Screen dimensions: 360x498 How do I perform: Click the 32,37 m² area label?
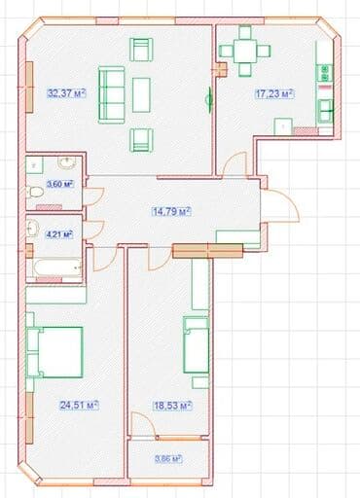[66, 93]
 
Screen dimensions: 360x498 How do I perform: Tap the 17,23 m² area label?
[274, 94]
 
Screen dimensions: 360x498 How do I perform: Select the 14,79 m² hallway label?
[171, 212]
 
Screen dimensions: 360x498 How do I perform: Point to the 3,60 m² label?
[60, 184]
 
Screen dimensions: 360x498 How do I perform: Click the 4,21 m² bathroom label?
[59, 234]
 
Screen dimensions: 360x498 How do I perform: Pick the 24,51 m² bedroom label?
[79, 405]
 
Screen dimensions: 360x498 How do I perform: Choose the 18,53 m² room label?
[172, 406]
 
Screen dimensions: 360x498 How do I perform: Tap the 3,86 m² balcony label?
[168, 459]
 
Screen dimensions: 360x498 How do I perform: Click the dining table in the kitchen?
[245, 51]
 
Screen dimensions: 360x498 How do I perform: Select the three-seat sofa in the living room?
[112, 95]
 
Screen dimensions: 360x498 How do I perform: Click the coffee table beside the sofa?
[141, 95]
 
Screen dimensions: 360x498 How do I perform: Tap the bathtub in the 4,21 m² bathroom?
[54, 267]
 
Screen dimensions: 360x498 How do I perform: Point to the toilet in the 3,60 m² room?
[34, 192]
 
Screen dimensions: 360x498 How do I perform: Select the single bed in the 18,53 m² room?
[196, 344]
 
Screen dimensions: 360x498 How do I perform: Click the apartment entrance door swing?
[280, 205]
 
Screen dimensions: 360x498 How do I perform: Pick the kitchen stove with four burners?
[325, 73]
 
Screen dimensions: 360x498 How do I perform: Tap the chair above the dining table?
[245, 32]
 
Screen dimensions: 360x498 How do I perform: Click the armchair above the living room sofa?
[141, 50]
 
